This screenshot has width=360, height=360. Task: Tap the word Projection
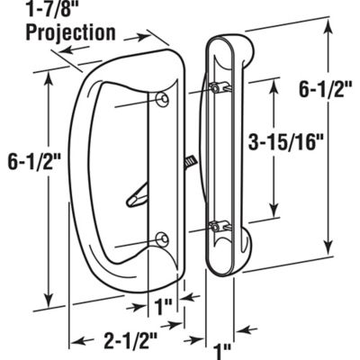click(x=70, y=33)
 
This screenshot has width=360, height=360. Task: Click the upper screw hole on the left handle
click(x=162, y=97)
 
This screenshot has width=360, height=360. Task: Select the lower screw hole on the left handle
click(x=161, y=238)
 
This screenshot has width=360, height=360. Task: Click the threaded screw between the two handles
click(x=190, y=162)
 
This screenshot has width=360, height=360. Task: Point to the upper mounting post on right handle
click(x=219, y=87)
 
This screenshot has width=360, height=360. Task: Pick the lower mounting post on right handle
click(x=219, y=226)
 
